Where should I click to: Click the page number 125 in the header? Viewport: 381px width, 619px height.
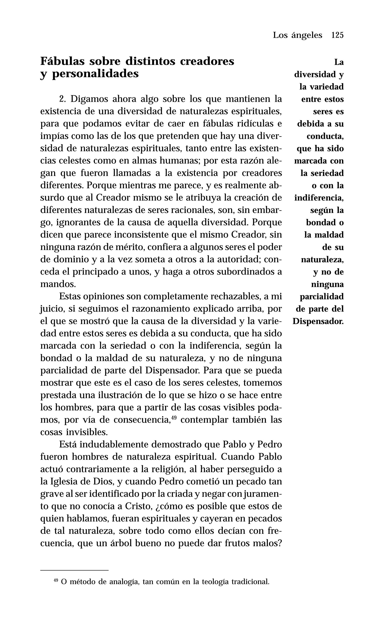(x=337, y=35)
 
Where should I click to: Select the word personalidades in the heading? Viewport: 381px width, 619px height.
(x=95, y=74)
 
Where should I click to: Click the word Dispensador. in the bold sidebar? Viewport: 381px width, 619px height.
(x=318, y=321)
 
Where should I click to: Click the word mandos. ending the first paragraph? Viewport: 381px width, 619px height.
(x=58, y=284)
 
